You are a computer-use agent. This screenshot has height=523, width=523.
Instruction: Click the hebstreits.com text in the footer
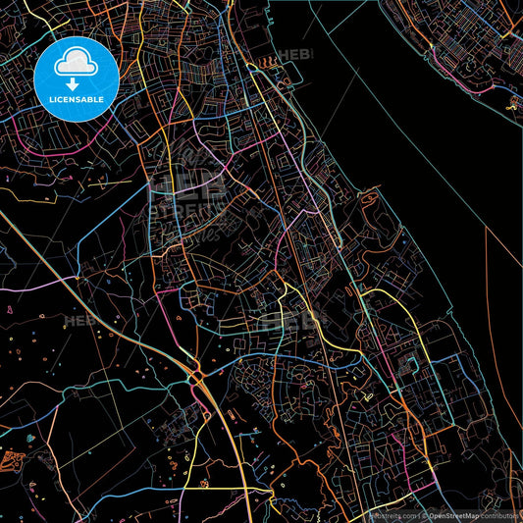click(x=391, y=514)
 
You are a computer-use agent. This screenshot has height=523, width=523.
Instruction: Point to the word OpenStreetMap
click(x=454, y=514)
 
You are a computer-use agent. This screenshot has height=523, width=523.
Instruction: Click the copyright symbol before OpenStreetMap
click(x=424, y=514)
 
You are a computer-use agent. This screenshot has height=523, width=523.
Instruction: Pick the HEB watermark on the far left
click(x=78, y=321)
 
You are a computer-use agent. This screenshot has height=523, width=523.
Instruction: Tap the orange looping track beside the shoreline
click(x=369, y=202)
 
